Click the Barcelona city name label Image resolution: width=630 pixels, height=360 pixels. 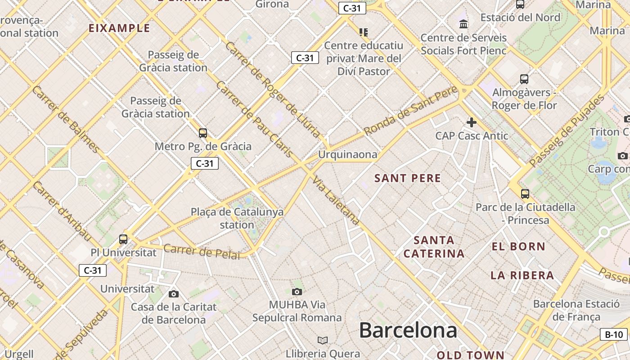(x=408, y=330)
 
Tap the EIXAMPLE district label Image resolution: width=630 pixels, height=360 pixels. (x=119, y=28)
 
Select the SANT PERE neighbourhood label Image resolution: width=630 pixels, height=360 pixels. (x=408, y=178)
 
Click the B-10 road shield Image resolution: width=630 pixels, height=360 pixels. (x=614, y=334)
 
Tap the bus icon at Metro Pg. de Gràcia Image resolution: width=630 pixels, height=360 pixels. (x=203, y=133)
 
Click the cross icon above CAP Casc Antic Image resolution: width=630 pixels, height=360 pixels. (x=471, y=122)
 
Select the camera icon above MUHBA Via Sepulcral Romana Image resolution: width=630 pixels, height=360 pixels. (x=297, y=292)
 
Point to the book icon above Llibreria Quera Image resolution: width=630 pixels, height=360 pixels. (x=322, y=340)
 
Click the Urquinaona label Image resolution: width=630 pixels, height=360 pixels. (x=347, y=154)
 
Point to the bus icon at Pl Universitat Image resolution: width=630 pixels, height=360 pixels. (x=123, y=239)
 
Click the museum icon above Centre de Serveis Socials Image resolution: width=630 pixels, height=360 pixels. (x=463, y=24)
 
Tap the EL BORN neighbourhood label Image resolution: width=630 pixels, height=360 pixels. (x=518, y=247)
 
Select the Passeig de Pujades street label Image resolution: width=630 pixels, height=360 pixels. (x=567, y=131)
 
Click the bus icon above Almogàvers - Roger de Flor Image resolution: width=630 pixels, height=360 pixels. (x=524, y=79)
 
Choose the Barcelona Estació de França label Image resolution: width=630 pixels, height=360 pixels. (x=576, y=310)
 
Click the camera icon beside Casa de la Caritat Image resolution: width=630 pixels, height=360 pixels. (x=173, y=294)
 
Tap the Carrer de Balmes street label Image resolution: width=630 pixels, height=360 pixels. (x=65, y=119)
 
